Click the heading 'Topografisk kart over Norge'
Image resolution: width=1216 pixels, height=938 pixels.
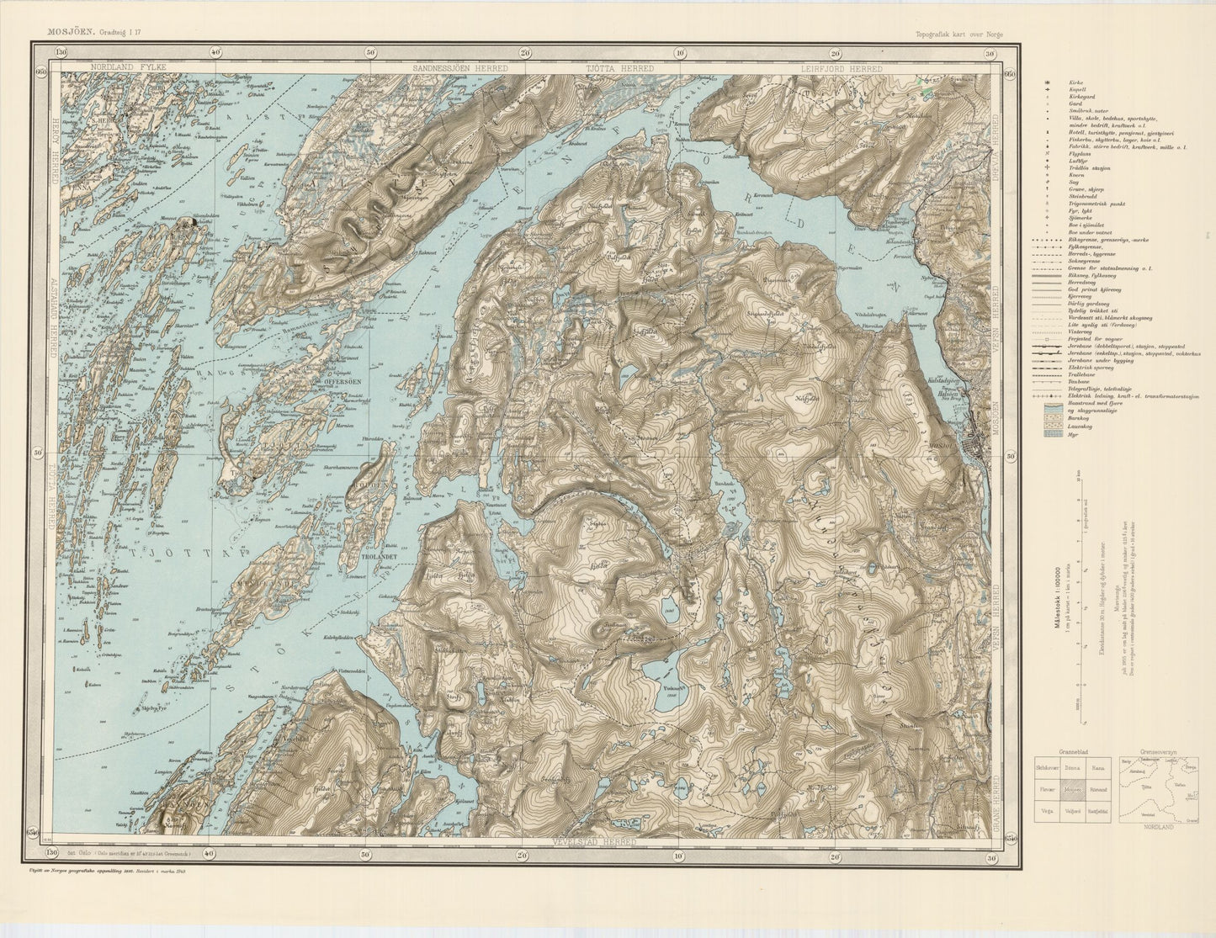pyautogui.click(x=959, y=34)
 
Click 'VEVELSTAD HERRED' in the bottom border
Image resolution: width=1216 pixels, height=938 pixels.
pyautogui.click(x=595, y=842)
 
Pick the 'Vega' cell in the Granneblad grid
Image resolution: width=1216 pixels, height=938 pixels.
pyautogui.click(x=1047, y=811)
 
